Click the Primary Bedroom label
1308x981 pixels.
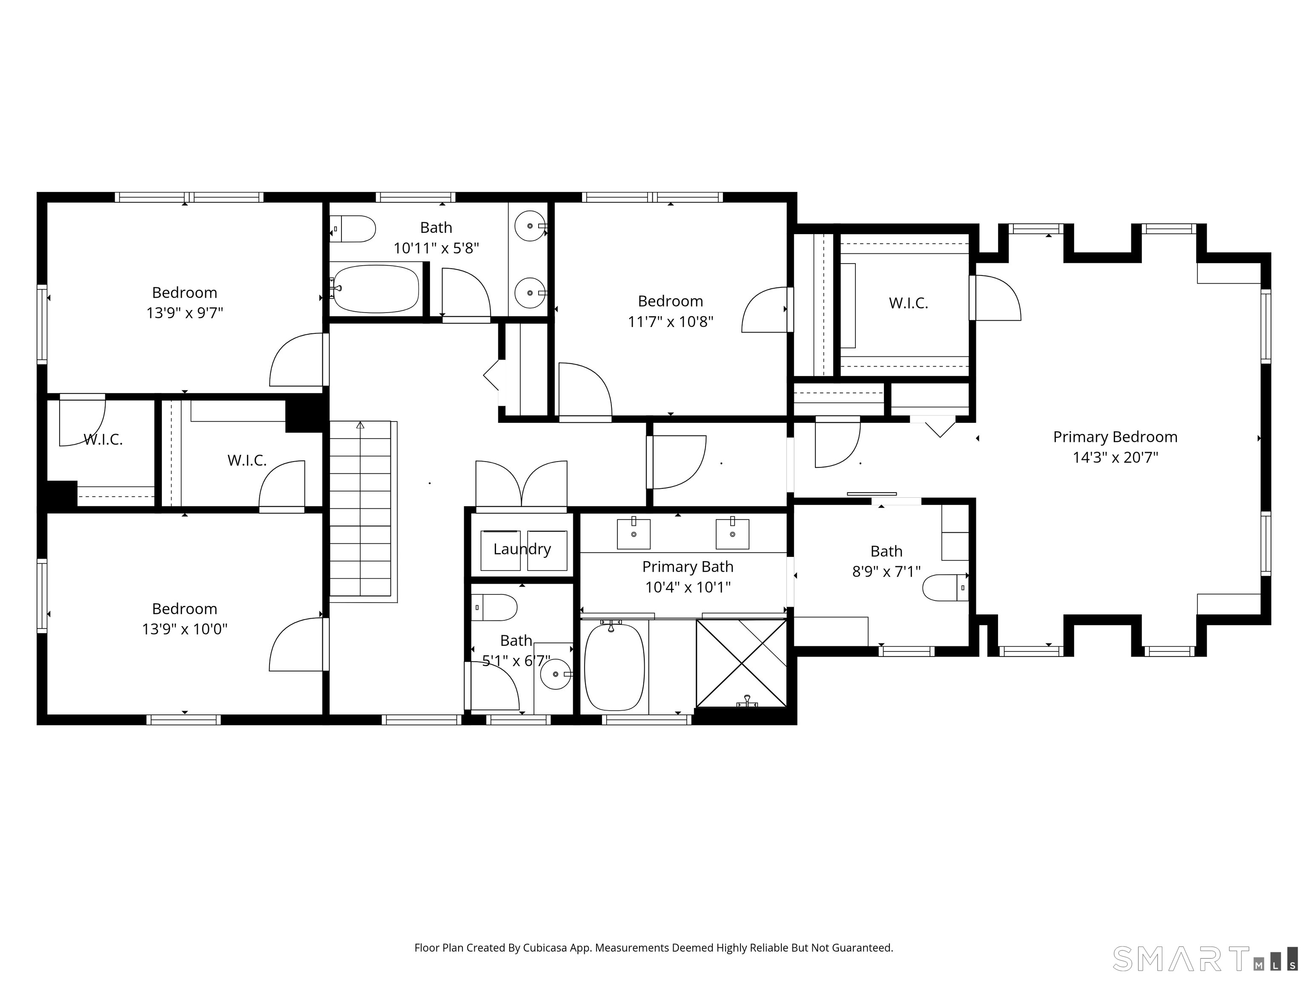point(1115,437)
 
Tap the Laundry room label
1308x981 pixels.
point(522,549)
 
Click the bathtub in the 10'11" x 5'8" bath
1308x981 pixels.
point(376,289)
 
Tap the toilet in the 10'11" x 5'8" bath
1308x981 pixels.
point(353,229)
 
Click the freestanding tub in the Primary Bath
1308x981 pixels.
point(614,666)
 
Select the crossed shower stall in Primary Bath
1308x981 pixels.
point(742,663)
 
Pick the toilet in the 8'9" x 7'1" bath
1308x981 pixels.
point(946,588)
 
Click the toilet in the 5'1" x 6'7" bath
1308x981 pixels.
point(494,607)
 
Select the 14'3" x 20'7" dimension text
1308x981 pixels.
point(1115,457)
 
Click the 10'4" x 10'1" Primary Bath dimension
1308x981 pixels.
point(688,587)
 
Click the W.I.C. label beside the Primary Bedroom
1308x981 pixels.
point(908,303)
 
